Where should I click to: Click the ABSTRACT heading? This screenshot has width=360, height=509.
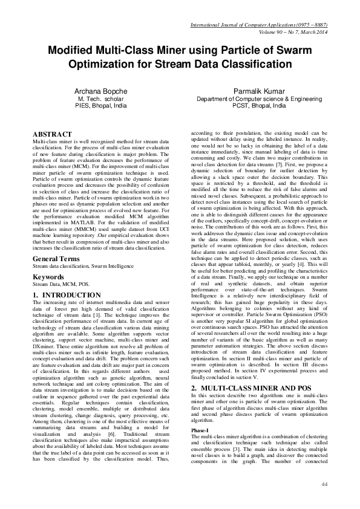pos(53,134)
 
